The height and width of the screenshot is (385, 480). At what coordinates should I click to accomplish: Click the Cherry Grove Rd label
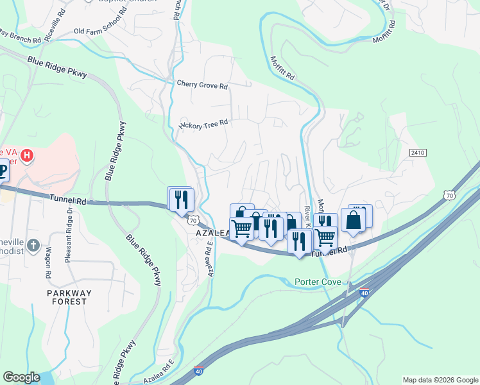click(202, 85)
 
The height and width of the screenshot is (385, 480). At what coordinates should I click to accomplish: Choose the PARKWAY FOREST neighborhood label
click(66, 297)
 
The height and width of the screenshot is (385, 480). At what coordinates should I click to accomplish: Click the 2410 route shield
click(417, 153)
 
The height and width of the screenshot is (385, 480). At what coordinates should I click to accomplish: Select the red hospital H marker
click(27, 155)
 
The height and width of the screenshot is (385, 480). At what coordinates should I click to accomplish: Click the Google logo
click(21, 377)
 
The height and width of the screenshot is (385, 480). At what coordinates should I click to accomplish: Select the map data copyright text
click(440, 380)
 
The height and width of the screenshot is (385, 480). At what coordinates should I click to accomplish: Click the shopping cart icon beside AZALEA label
click(241, 228)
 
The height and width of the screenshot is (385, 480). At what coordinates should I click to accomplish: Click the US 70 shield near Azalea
click(193, 220)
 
